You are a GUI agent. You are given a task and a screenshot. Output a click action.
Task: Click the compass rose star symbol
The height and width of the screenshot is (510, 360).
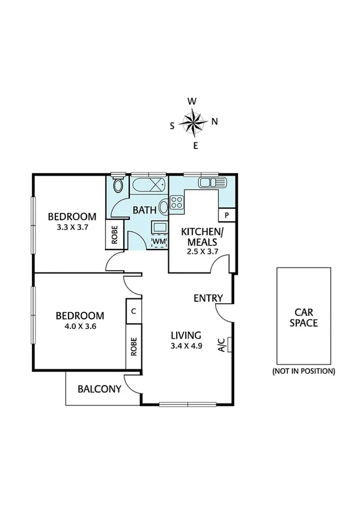pyautogui.click(x=194, y=123)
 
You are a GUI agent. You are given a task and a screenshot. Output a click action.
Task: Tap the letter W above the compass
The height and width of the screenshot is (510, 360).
pyautogui.click(x=192, y=102)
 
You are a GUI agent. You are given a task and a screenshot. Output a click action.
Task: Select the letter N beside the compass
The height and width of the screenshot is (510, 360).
pyautogui.click(x=215, y=121)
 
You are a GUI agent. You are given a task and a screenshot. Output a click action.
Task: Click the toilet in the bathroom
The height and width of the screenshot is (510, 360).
pyautogui.click(x=118, y=183)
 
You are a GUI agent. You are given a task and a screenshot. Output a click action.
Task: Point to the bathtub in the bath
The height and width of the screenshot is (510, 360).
pyautogui.click(x=148, y=184)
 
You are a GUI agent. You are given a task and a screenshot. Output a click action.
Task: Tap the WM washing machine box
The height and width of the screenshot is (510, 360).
pyautogui.click(x=159, y=241)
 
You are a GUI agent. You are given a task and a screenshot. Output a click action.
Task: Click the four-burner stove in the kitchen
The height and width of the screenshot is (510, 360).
pyautogui.click(x=176, y=204)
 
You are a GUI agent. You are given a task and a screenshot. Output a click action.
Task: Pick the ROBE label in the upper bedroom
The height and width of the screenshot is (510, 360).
pyautogui.click(x=114, y=235)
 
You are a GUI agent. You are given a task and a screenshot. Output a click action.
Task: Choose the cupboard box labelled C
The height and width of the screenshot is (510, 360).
pyautogui.click(x=132, y=312)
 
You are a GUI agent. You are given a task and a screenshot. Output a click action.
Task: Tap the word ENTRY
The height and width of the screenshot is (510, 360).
pyautogui.click(x=209, y=298)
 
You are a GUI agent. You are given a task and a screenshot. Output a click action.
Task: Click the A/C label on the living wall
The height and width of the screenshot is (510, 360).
pyautogui.click(x=221, y=345)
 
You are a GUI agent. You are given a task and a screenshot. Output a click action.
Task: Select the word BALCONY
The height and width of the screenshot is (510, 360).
pyautogui.click(x=100, y=389)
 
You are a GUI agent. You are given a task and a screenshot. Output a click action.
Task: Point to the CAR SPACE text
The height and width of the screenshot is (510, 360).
pyautogui.click(x=304, y=318)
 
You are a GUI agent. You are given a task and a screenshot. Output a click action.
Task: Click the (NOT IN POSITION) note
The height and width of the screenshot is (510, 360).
pyautogui.click(x=304, y=370)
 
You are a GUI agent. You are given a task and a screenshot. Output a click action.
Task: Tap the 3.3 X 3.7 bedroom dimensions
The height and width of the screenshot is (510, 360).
pyautogui.click(x=72, y=228)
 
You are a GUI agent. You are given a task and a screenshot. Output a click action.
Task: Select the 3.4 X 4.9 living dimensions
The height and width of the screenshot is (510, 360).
pyautogui.click(x=188, y=346)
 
